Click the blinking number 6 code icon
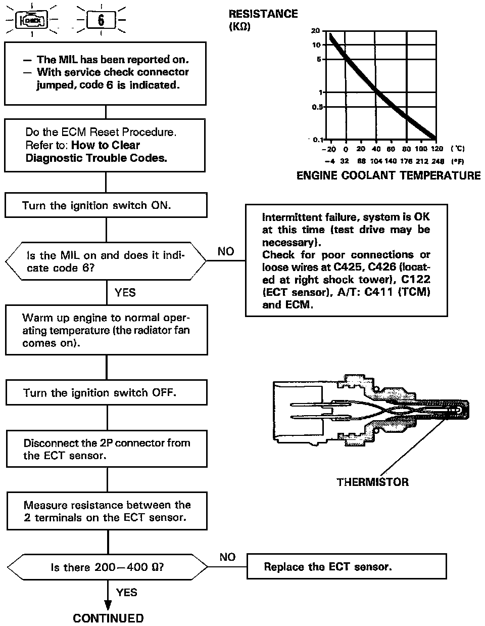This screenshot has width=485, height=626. pyautogui.click(x=101, y=20)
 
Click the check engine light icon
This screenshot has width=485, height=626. pyautogui.click(x=32, y=21)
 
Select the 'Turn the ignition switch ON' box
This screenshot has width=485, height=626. pyautogui.click(x=106, y=206)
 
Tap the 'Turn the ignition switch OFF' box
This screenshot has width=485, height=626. pyautogui.click(x=106, y=393)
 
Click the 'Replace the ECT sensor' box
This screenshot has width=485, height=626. pyautogui.click(x=347, y=566)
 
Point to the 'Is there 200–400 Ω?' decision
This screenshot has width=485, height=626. pyautogui.click(x=107, y=567)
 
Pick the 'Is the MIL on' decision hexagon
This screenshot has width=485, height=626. pyautogui.click(x=106, y=261)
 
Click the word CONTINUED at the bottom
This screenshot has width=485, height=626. pyautogui.click(x=108, y=618)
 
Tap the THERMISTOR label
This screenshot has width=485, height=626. pyautogui.click(x=372, y=482)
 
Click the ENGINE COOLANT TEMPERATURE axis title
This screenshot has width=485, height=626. pyautogui.click(x=388, y=175)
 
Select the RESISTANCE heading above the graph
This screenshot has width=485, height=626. pyautogui.click(x=263, y=14)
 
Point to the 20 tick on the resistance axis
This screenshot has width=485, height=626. pyautogui.click(x=316, y=31)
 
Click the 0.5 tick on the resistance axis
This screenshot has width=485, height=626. pyautogui.click(x=317, y=107)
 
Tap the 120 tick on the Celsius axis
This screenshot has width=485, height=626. pyautogui.click(x=437, y=149)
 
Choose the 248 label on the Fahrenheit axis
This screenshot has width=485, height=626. pyautogui.click(x=438, y=161)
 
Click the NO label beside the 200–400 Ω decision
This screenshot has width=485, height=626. pyautogui.click(x=227, y=557)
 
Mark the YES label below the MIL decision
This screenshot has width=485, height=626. pyautogui.click(x=125, y=293)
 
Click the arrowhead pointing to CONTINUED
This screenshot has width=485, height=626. pyautogui.click(x=108, y=605)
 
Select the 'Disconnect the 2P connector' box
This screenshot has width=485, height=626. pyautogui.click(x=107, y=449)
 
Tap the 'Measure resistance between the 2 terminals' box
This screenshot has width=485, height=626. pyautogui.click(x=107, y=511)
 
